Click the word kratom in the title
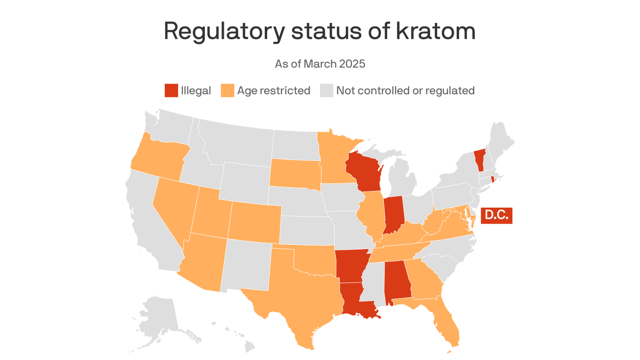[x=436, y=31]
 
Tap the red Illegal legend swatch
[x=171, y=90]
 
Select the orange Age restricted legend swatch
[x=227, y=90]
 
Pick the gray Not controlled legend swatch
[x=326, y=90]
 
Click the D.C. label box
[x=497, y=216]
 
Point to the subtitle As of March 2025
[x=320, y=64]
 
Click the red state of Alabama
[x=397, y=280]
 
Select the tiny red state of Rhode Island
[x=492, y=180]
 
